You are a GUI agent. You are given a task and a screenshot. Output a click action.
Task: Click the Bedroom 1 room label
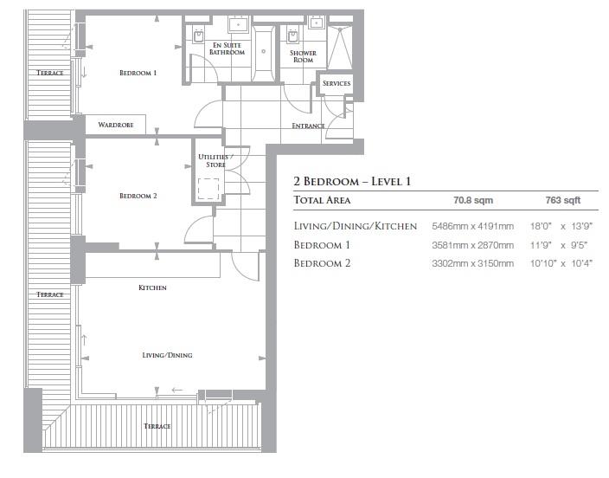point(138,74)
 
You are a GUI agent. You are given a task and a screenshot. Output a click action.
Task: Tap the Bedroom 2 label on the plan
point(138,196)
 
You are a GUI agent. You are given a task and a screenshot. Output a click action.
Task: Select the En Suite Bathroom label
point(227,48)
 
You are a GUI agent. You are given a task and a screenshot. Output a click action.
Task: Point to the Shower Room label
point(303,56)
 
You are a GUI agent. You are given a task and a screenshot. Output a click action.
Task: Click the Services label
point(336,83)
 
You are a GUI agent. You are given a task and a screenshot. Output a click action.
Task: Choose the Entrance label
point(308,126)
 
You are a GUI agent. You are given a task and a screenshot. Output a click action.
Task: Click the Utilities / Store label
point(210,160)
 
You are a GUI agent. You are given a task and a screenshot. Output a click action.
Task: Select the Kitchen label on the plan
point(152,287)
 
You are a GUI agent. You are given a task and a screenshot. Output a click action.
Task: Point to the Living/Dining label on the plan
point(167,355)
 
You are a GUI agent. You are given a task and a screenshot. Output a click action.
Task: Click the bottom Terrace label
point(157,426)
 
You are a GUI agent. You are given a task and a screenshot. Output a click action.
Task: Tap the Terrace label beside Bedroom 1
point(49,74)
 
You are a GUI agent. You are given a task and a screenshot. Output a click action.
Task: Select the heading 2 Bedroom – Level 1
point(350,182)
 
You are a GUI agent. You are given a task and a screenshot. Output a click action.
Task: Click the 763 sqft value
point(562,200)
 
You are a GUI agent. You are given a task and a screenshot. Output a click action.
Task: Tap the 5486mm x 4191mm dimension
point(471,226)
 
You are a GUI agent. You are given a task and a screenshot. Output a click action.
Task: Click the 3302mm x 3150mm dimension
point(471,263)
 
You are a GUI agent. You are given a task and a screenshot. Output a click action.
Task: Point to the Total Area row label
point(322,200)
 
